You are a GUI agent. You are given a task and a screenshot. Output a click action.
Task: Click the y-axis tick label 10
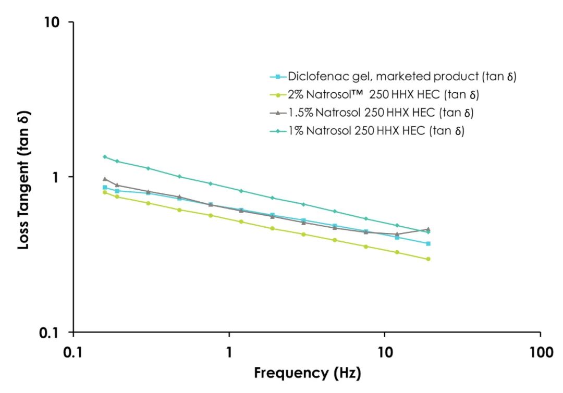click(52, 22)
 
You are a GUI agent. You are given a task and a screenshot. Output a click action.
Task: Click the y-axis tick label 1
click(55, 177)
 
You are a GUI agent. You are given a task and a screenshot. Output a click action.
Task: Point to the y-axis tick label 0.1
click(49, 333)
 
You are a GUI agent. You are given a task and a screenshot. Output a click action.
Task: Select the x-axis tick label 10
click(385, 352)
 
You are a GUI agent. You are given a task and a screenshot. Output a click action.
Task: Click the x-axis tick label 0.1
click(74, 352)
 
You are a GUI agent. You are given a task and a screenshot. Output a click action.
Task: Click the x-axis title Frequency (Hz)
click(308, 373)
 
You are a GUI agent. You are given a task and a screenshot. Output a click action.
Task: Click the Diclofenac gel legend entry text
click(402, 77)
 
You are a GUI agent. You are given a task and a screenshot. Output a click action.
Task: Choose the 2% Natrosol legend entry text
click(384, 94)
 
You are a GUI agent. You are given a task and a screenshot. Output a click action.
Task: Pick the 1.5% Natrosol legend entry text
click(381, 113)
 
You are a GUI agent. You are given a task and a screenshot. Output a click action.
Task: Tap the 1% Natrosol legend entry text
click(376, 131)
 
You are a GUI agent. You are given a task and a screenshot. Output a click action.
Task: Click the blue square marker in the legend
click(278, 77)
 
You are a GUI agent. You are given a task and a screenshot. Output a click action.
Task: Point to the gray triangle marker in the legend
click(278, 113)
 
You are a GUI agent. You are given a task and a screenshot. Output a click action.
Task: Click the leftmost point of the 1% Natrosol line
click(105, 157)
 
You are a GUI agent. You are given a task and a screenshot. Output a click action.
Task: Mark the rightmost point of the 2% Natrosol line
click(428, 259)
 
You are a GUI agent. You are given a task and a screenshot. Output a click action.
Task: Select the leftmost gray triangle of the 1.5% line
click(105, 179)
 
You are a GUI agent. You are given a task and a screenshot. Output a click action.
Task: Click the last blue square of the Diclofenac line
click(428, 244)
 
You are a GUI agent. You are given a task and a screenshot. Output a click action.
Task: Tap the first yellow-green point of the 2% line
click(105, 192)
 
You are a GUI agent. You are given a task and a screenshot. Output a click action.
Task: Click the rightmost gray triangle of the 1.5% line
click(428, 229)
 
